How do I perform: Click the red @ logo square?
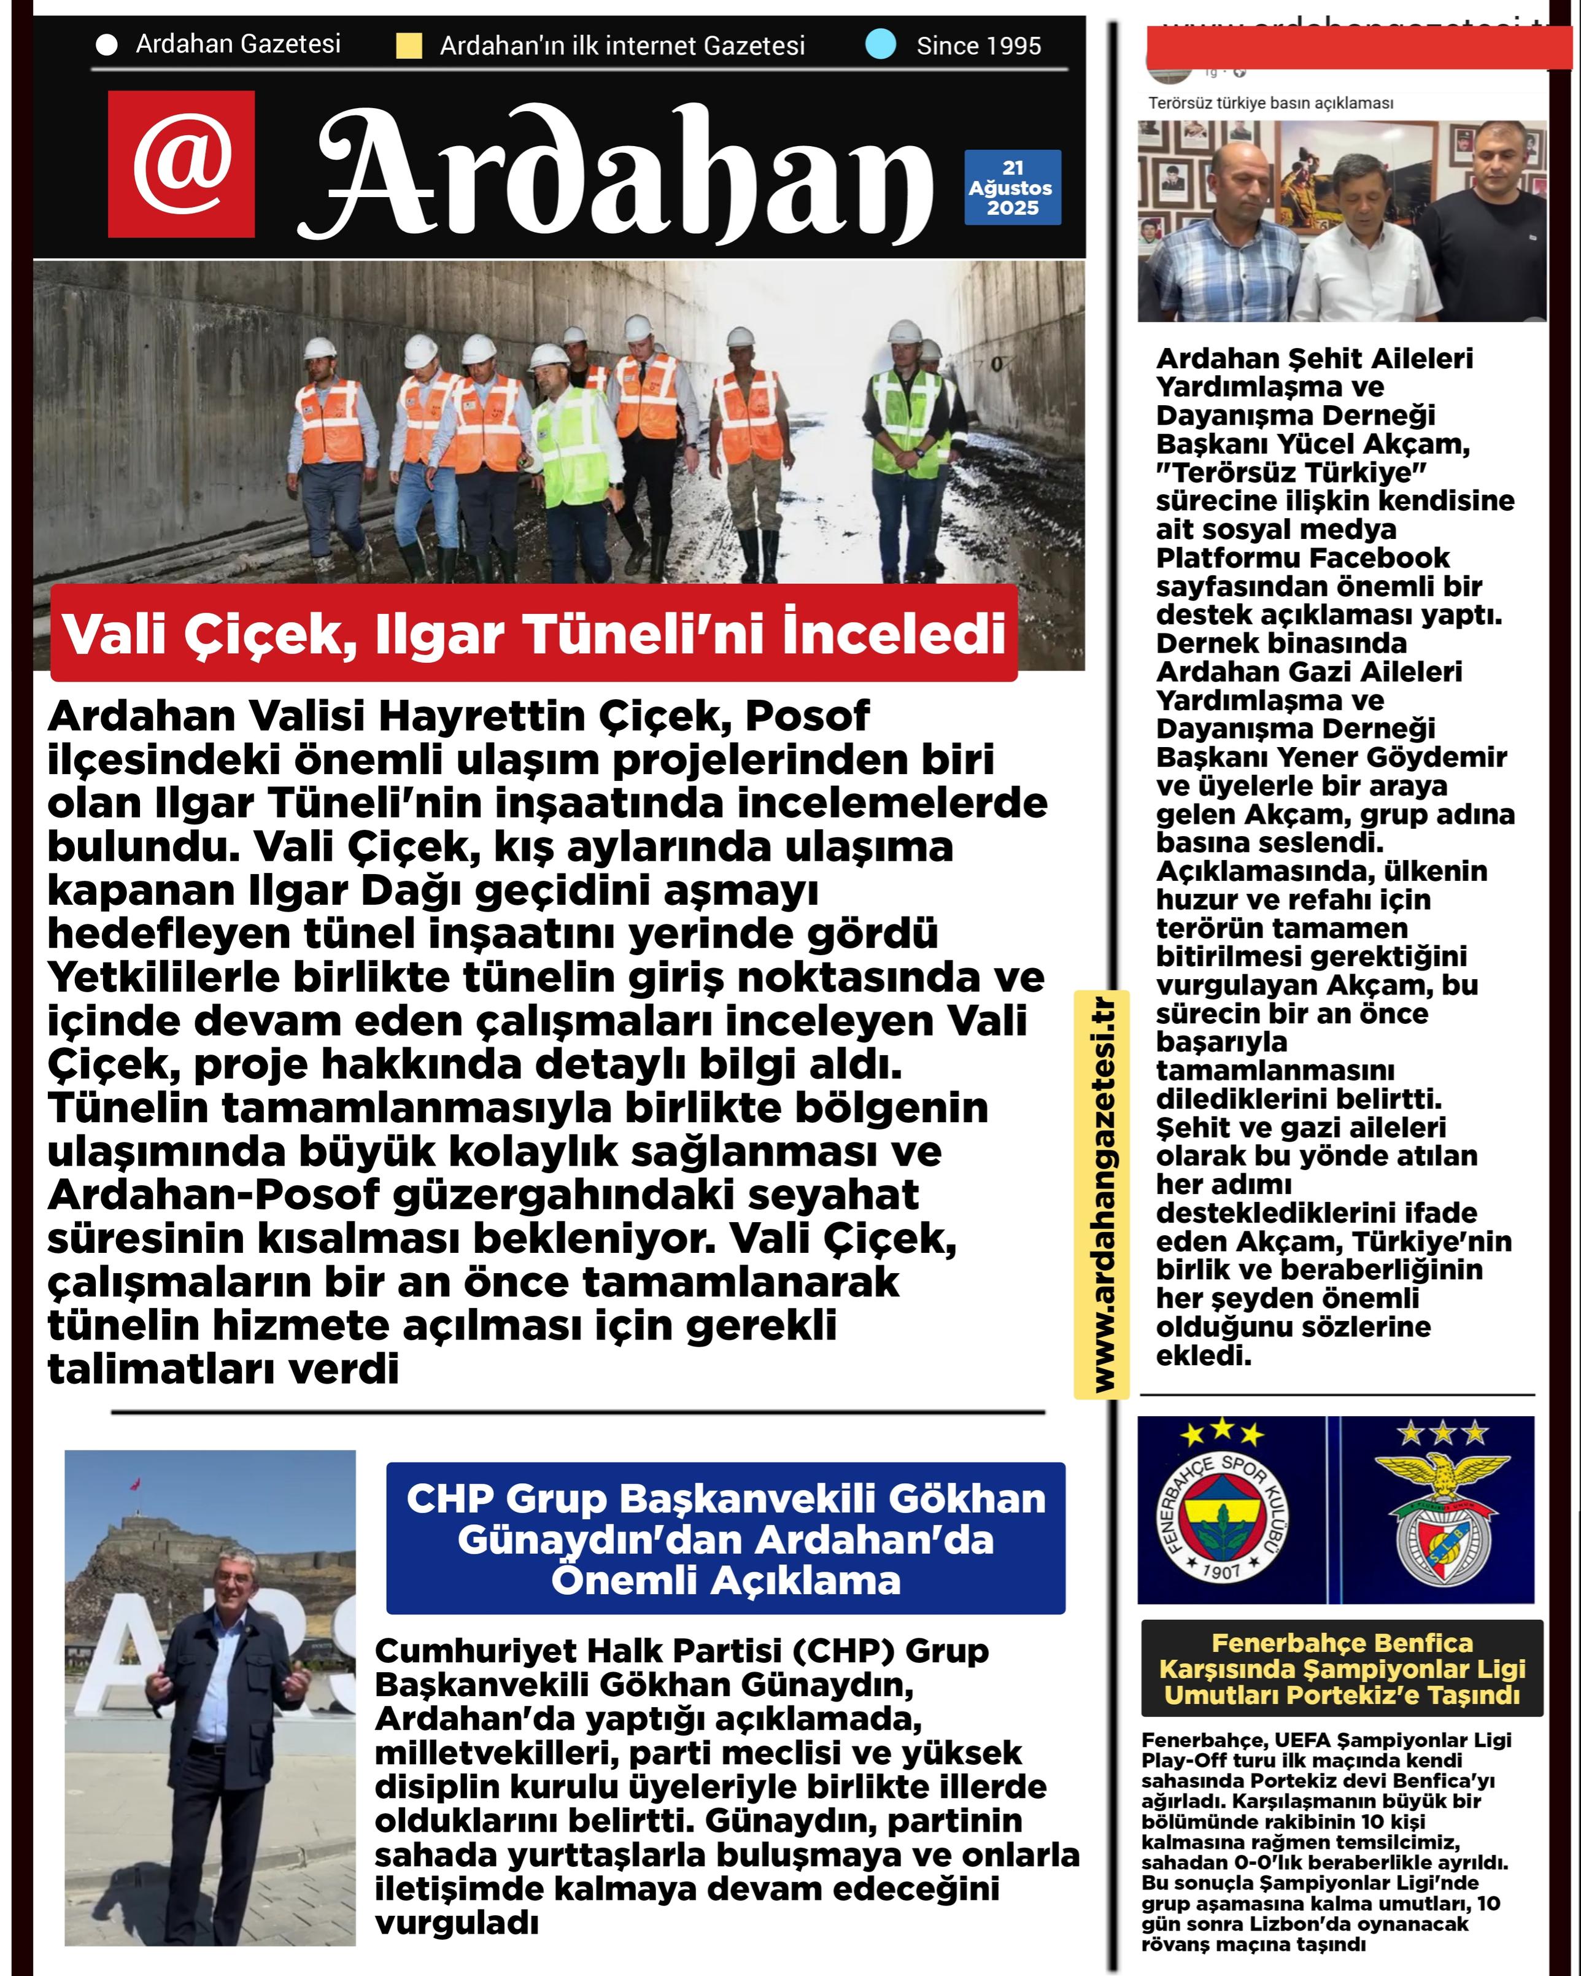tap(180, 163)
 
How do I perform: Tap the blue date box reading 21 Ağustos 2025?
tap(1012, 188)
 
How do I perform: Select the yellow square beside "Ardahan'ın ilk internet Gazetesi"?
tap(409, 46)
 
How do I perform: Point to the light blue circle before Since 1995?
tap(880, 44)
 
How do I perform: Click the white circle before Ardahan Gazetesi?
tap(106, 45)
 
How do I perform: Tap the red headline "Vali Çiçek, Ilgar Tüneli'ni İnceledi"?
tap(533, 634)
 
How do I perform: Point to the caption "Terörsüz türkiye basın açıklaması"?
tap(1270, 104)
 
